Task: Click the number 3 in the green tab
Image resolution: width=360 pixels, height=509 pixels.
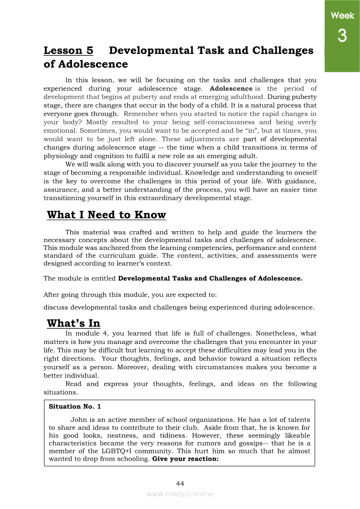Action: pyautogui.click(x=342, y=36)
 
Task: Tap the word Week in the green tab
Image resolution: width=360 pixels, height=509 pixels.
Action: pyautogui.click(x=342, y=16)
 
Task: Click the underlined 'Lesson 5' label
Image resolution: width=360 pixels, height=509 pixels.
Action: pyautogui.click(x=68, y=51)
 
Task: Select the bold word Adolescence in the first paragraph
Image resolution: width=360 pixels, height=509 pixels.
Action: pyautogui.click(x=231, y=88)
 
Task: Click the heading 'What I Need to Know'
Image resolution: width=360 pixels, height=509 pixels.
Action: pyautogui.click(x=106, y=215)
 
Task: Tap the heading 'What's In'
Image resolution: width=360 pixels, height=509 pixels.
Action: pyautogui.click(x=73, y=324)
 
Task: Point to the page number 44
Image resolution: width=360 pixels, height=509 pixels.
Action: pyautogui.click(x=180, y=484)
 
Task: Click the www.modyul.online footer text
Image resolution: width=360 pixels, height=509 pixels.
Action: pyautogui.click(x=180, y=494)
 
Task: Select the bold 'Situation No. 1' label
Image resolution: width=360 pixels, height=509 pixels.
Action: pyautogui.click(x=75, y=407)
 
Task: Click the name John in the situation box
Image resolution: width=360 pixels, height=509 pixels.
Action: pyautogui.click(x=79, y=420)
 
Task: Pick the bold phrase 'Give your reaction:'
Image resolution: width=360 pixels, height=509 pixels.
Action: pyautogui.click(x=185, y=459)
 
